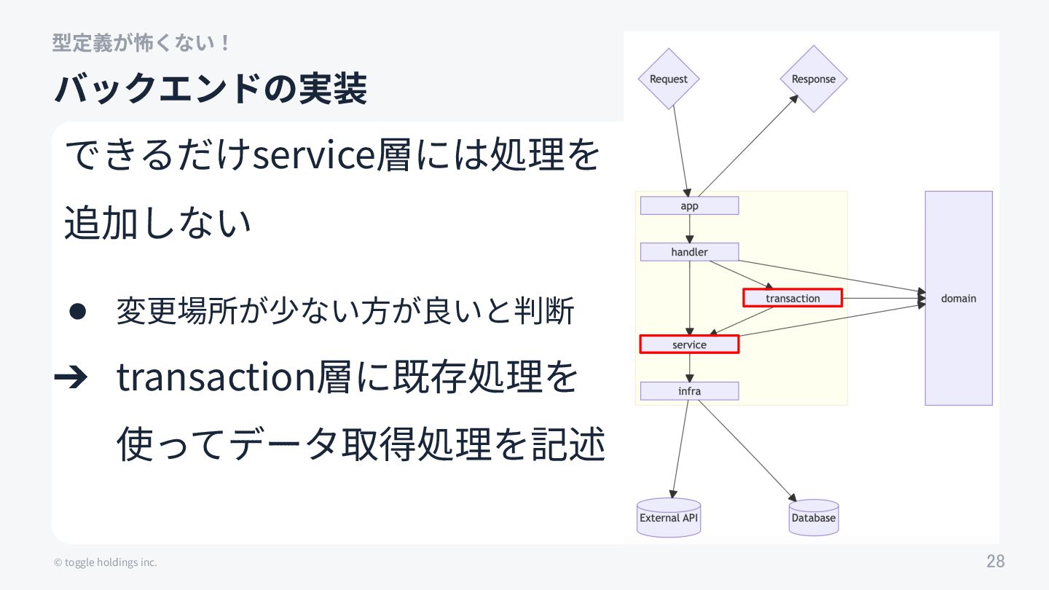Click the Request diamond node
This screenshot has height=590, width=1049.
click(668, 79)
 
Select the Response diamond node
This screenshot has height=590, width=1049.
click(813, 79)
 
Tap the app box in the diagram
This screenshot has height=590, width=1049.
click(689, 206)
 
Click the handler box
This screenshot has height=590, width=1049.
click(689, 252)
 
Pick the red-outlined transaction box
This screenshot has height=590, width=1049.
click(793, 298)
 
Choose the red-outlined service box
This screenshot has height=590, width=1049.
click(689, 345)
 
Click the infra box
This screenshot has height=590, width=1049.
click(689, 391)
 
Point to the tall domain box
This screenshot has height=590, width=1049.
click(958, 298)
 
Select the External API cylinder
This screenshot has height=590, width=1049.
click(669, 518)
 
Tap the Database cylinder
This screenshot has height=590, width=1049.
click(813, 518)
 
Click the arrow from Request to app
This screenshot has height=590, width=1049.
click(679, 149)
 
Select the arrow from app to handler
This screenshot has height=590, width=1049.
click(690, 229)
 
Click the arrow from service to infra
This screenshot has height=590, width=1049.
click(690, 368)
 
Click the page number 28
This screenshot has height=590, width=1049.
click(995, 562)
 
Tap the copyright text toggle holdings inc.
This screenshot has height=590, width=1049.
click(106, 562)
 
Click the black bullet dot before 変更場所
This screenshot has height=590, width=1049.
click(78, 312)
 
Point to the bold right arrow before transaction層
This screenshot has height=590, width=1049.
click(71, 377)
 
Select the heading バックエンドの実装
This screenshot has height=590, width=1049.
click(211, 89)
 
